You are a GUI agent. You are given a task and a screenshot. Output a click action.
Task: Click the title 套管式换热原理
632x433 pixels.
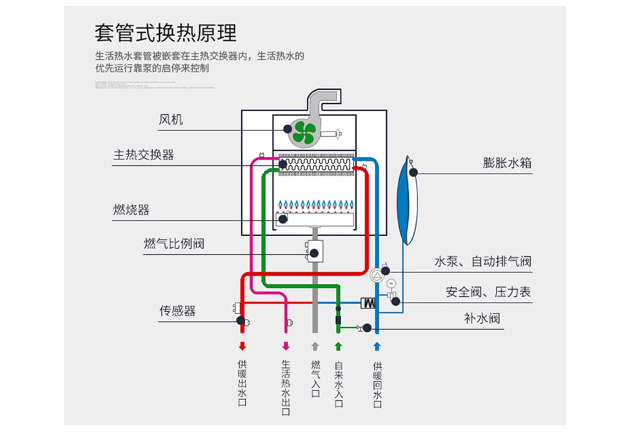165,33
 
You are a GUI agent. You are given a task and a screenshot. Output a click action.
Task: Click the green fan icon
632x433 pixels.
302,133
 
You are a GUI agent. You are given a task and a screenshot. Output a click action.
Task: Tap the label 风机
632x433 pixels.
171,120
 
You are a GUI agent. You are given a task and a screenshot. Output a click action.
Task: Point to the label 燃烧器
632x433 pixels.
131,210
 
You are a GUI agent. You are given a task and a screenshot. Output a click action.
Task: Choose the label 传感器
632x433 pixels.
177,311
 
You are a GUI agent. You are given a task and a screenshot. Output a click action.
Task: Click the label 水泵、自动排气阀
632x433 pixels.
482,262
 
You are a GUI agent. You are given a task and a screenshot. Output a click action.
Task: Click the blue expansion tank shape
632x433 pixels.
407,199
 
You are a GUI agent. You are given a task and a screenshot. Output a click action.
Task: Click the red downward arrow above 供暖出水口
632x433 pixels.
242,345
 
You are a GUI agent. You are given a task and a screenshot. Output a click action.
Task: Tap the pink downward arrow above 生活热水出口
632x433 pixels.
286,345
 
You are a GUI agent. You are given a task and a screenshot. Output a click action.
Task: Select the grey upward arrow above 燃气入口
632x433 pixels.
315,345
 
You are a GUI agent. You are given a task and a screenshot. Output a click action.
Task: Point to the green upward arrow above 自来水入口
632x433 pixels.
337,345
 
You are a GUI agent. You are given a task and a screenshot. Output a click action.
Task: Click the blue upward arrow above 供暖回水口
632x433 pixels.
378,345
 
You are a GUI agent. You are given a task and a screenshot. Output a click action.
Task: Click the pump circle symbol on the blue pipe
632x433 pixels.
377,276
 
